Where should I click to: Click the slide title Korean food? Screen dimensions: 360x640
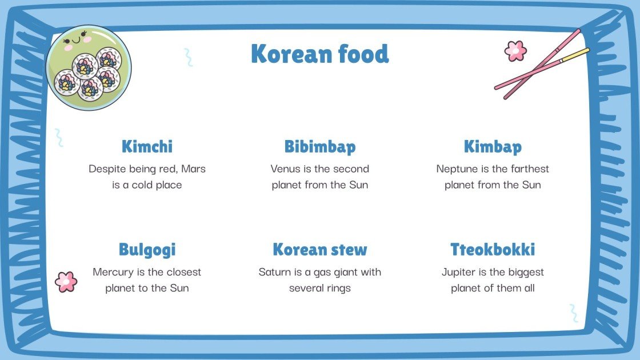pyautogui.click(x=319, y=54)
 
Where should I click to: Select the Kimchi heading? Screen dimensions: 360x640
pyautogui.click(x=147, y=147)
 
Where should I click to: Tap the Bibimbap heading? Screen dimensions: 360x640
pyautogui.click(x=320, y=147)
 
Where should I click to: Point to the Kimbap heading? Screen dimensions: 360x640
pyautogui.click(x=493, y=147)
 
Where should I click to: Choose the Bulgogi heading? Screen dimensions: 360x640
pyautogui.click(x=147, y=250)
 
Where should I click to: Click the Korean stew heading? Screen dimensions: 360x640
pyautogui.click(x=320, y=250)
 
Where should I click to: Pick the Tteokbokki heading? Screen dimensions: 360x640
pyautogui.click(x=493, y=250)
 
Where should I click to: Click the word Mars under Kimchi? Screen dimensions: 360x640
pyautogui.click(x=194, y=169)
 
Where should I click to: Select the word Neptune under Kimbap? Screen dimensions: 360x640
pyautogui.click(x=457, y=169)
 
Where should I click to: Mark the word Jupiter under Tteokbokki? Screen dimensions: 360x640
pyautogui.click(x=459, y=272)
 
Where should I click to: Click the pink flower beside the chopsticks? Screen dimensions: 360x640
pyautogui.click(x=515, y=51)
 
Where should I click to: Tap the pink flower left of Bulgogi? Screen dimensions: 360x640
pyautogui.click(x=66, y=282)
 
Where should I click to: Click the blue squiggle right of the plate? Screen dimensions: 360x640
pyautogui.click(x=188, y=57)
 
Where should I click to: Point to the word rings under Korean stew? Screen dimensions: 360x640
pyautogui.click(x=337, y=289)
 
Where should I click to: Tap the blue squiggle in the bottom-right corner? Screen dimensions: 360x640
pyautogui.click(x=573, y=313)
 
